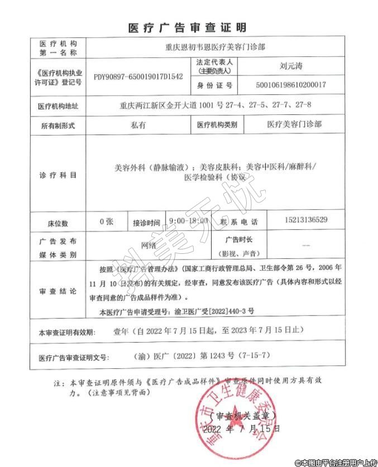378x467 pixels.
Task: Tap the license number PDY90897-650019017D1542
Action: tap(138, 76)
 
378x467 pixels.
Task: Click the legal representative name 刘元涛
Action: tap(291, 65)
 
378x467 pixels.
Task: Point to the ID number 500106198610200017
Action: tap(290, 85)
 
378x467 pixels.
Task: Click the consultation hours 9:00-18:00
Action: tap(189, 222)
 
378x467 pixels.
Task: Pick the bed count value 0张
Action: tap(106, 222)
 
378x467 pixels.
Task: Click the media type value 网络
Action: tap(149, 245)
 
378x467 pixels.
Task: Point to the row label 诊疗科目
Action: tap(58, 175)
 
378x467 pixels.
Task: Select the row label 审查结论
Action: tap(58, 291)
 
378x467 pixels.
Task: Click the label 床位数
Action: tap(58, 223)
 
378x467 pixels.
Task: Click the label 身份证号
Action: tap(214, 86)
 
